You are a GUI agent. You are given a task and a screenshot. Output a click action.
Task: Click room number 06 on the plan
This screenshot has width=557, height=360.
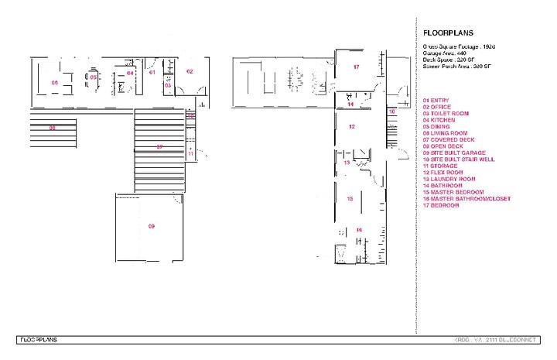[54, 82]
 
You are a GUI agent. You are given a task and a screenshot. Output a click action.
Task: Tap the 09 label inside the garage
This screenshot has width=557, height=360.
[152, 226]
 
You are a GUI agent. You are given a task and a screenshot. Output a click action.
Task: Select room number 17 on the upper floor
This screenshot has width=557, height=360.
[357, 67]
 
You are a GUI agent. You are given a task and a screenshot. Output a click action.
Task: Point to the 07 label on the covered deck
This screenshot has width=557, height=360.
[159, 146]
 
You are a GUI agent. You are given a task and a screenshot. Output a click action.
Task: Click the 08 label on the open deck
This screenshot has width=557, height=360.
[52, 128]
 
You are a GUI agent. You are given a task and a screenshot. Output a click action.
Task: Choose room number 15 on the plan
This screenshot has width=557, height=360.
[350, 199]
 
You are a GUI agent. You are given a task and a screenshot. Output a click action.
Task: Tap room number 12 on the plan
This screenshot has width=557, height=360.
[351, 125]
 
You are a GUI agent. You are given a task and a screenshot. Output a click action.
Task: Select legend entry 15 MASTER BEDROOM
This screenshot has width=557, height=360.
[453, 192]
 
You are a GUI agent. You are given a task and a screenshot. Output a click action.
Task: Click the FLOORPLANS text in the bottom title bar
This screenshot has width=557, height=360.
[39, 339]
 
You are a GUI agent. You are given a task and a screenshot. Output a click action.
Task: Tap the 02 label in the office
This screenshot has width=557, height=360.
[189, 71]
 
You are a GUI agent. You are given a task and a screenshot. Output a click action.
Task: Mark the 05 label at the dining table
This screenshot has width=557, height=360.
[93, 77]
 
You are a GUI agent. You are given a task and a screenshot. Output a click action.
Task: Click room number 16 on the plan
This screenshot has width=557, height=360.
[359, 229]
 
